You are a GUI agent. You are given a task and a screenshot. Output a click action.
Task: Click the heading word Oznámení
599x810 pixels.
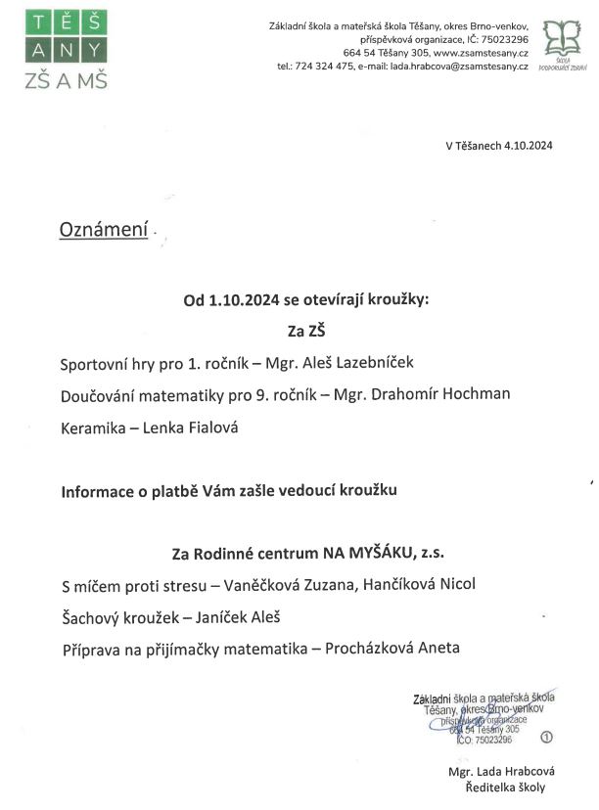104,229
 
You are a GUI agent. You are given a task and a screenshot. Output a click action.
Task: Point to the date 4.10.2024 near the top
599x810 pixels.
529,146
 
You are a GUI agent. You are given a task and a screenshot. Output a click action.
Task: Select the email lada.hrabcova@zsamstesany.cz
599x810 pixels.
460,67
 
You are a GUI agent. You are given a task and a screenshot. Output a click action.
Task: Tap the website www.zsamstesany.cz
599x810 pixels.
482,53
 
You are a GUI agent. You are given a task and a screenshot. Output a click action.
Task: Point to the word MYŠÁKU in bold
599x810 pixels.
377,552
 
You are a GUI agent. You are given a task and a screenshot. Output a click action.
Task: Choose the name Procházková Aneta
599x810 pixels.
394,648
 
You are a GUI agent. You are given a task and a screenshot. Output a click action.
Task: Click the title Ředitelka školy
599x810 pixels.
505,787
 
